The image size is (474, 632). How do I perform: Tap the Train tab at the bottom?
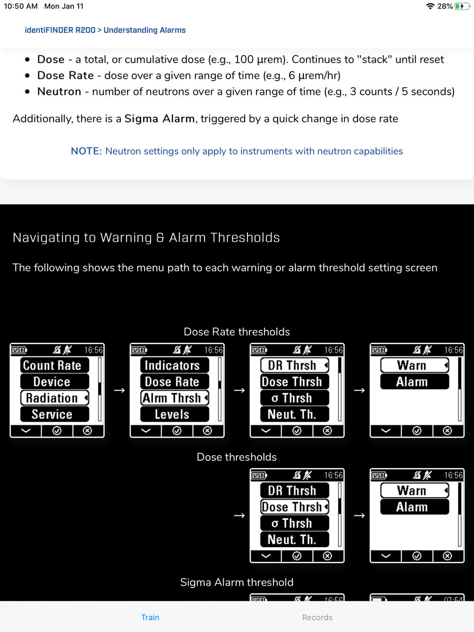pyautogui.click(x=150, y=617)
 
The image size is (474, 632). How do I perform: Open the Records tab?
pyautogui.click(x=317, y=617)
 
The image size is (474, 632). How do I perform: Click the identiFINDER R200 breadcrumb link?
pyautogui.click(x=60, y=30)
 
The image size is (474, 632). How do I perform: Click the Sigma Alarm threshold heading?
pyautogui.click(x=237, y=582)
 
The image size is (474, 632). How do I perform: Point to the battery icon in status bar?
pyautogui.click(x=461, y=6)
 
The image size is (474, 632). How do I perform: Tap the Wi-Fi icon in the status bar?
pyautogui.click(x=430, y=6)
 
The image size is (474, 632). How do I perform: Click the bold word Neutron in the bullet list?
pyautogui.click(x=59, y=92)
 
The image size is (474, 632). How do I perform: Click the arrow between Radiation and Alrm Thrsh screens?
pyautogui.click(x=119, y=390)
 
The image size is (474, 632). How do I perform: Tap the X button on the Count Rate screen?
pyautogui.click(x=87, y=430)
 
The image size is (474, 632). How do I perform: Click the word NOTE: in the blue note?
pyautogui.click(x=86, y=151)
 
